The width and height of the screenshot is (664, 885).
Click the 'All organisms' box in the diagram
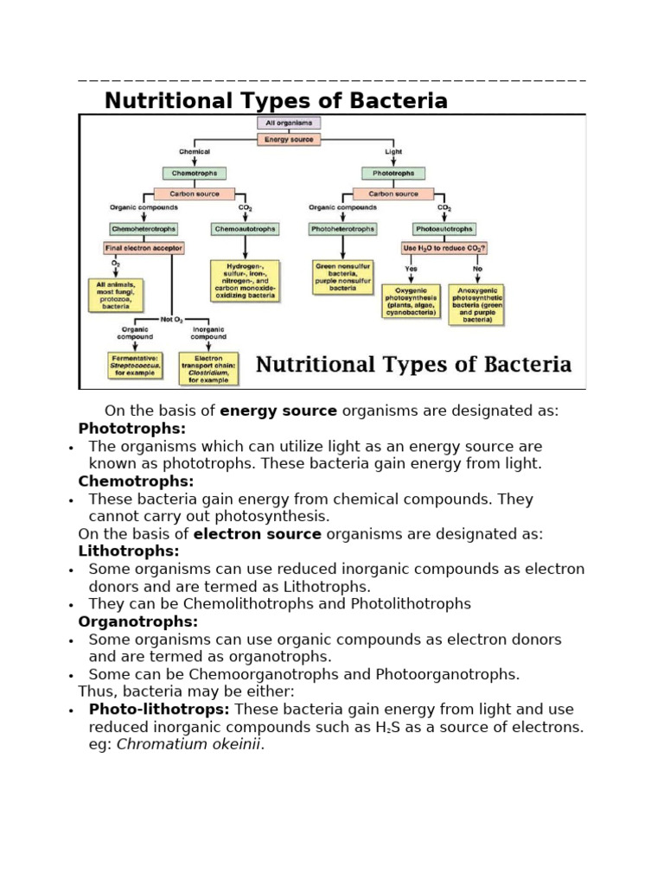pos(289,124)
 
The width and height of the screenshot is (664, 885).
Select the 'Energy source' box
pos(289,138)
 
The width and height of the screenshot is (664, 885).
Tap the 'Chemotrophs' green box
pos(195,174)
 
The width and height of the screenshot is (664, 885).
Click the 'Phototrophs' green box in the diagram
pos(393,174)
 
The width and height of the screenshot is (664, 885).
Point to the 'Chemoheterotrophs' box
pos(144,229)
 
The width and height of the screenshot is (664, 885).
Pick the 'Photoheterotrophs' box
pos(342,229)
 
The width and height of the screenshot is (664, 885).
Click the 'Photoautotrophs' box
pos(444,229)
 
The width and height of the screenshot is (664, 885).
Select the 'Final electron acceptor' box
pos(144,248)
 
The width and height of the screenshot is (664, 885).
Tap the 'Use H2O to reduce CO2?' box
pos(444,248)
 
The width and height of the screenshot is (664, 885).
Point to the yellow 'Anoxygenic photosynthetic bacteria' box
pos(476,305)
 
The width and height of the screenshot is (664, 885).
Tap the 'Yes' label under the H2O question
pos(411,268)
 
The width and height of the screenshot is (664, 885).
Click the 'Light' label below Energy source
pos(393,152)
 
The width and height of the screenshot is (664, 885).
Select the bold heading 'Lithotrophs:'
pos(129,551)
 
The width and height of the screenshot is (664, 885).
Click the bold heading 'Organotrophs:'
pos(138,621)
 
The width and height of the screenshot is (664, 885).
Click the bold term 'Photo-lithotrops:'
pos(159,710)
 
